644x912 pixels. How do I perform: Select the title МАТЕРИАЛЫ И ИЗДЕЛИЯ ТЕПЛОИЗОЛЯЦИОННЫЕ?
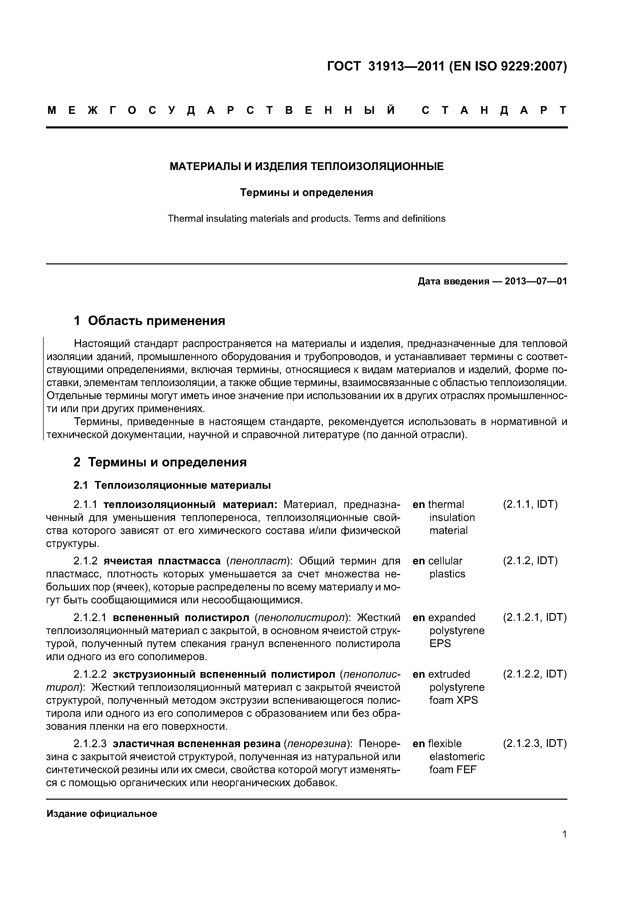point(306,166)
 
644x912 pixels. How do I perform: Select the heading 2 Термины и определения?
point(160,462)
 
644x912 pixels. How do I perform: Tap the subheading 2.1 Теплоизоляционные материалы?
point(172,485)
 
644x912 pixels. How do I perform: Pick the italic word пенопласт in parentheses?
point(258,561)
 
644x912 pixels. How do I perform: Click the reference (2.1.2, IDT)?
point(530,561)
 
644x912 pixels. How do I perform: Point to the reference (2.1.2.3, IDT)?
point(534,744)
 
